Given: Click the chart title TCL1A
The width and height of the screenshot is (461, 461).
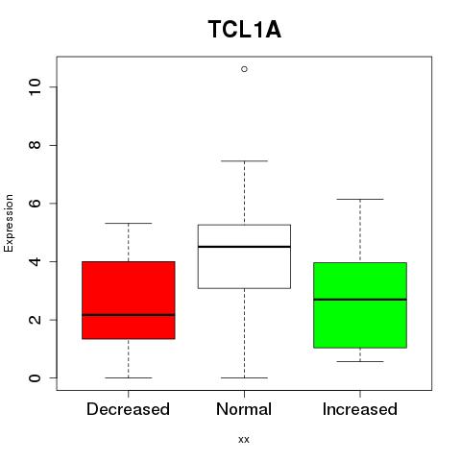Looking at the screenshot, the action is point(245,30).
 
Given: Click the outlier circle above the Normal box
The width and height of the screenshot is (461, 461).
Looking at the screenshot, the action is point(244,69).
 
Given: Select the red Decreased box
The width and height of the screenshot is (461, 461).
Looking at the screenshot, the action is point(129,300).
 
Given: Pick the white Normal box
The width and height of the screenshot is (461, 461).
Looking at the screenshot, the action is point(244,256).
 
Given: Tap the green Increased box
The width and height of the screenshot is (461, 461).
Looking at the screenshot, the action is point(360,305).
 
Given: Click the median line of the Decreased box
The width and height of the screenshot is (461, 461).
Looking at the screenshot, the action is point(129,315).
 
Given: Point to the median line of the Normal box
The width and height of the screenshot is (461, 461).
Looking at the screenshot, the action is point(244,247).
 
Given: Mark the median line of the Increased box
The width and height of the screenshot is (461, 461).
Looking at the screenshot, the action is point(360,300).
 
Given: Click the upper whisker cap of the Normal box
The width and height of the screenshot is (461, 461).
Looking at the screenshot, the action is point(244,161).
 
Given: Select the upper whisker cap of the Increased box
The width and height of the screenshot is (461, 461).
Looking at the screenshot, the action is point(360,199).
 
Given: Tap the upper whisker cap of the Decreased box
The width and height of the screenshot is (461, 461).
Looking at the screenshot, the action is point(129,223).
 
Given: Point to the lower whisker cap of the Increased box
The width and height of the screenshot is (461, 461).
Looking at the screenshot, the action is point(360,361).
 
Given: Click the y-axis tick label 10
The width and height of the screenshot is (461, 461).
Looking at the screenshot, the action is point(36,86).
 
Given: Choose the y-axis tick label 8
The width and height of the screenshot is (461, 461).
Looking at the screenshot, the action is point(36,145).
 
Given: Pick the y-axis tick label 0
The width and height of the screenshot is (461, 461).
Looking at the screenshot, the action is point(36,377).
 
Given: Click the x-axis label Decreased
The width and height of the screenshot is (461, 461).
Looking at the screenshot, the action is point(128,409).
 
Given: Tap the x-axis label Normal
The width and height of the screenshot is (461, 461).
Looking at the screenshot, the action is point(244,409).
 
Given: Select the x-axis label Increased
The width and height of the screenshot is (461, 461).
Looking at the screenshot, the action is point(360,409).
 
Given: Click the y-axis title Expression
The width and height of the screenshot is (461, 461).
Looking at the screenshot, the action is point(9,223).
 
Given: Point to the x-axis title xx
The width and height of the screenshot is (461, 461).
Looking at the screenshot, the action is point(244,440).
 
